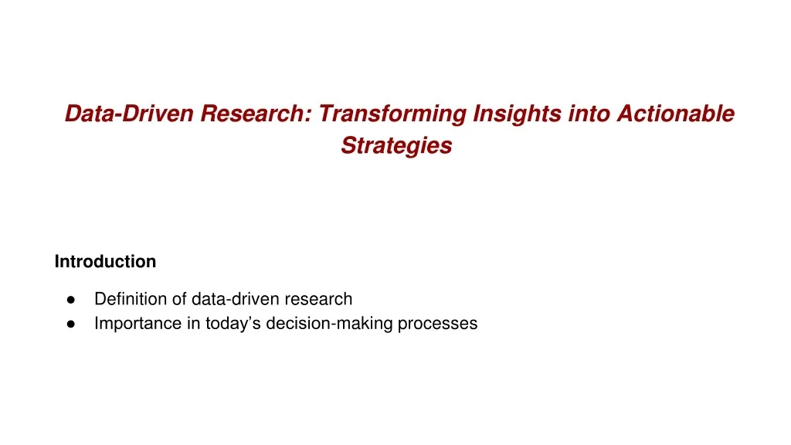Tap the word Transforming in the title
(392, 114)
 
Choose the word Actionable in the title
(676, 114)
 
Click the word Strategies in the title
(396, 145)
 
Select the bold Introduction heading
(105, 262)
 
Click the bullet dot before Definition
(70, 299)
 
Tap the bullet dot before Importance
(70, 324)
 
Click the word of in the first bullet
(179, 299)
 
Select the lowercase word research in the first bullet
(318, 299)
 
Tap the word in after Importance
(192, 324)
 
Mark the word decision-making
(330, 324)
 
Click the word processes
(437, 324)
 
